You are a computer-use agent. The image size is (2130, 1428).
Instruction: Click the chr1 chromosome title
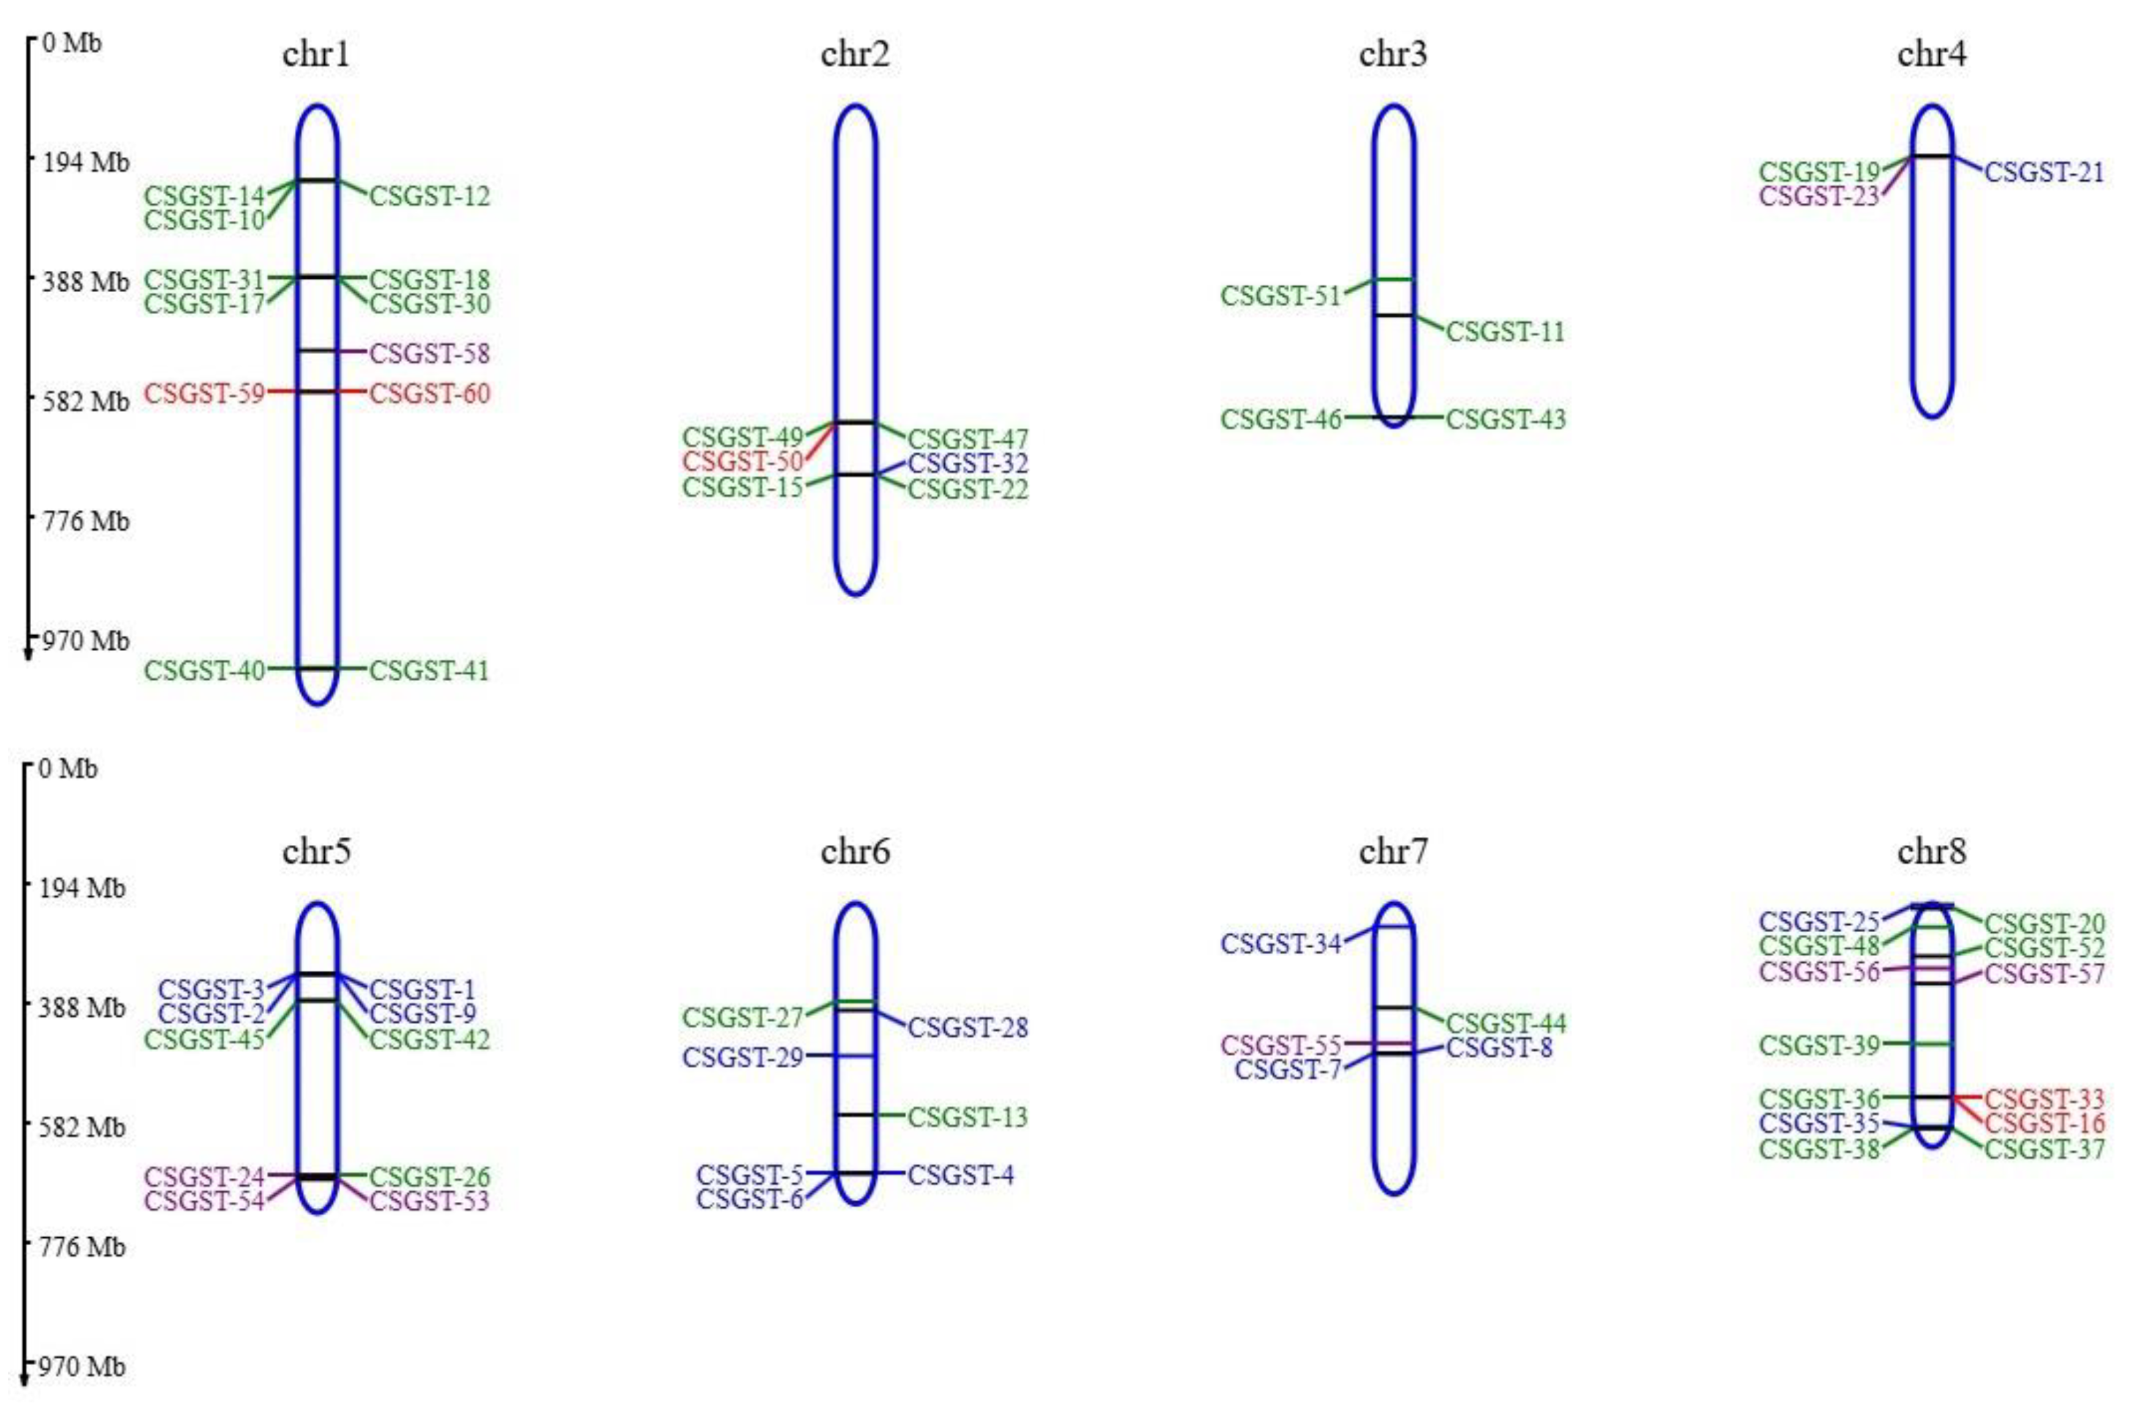coord(316,54)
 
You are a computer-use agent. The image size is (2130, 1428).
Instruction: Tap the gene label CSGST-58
coord(429,353)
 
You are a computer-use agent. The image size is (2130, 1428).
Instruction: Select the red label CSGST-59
coord(204,394)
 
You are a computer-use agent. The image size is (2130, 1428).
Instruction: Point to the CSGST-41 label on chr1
coord(429,670)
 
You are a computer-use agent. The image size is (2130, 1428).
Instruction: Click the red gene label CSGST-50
coord(742,462)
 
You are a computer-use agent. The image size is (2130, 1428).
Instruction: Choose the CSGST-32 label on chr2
coord(967,463)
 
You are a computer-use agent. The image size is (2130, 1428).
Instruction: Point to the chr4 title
coord(1931,54)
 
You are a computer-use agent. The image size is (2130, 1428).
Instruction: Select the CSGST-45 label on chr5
coord(204,1039)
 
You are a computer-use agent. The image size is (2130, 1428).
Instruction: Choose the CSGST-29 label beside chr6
coord(742,1058)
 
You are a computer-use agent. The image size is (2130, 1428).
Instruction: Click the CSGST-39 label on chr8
coord(1819,1045)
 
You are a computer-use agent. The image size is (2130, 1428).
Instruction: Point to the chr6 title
coord(854,852)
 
